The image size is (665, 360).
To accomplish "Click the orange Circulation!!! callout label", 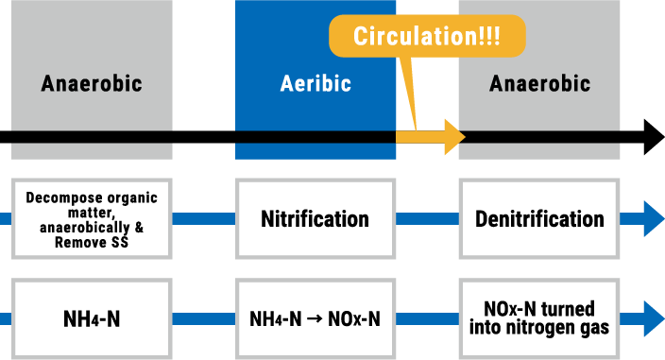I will coord(426,37).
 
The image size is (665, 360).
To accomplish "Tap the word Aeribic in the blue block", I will coord(315,83).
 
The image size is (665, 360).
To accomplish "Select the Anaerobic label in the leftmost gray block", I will coord(92,83).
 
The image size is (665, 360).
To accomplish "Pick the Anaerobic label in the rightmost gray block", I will coord(539,83).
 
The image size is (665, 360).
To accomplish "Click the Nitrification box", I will coord(315,219).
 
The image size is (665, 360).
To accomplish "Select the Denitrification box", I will coord(539,219).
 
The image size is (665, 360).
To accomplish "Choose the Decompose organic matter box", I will coord(92,219).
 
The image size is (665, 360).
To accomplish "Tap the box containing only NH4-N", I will coord(92,318).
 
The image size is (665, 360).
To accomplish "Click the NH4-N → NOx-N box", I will coord(315,318).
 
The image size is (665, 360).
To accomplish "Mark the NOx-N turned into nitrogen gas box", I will coord(539,318).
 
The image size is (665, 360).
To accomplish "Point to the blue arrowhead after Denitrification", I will coord(654,219).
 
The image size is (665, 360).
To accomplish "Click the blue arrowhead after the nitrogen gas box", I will coord(654,313).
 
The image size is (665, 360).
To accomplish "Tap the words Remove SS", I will coord(92,242).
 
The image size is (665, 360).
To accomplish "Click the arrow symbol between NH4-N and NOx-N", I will coord(315,319).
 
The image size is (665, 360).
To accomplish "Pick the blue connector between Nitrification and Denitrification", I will coord(426,219).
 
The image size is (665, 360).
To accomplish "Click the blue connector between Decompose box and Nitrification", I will coord(203,219).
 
